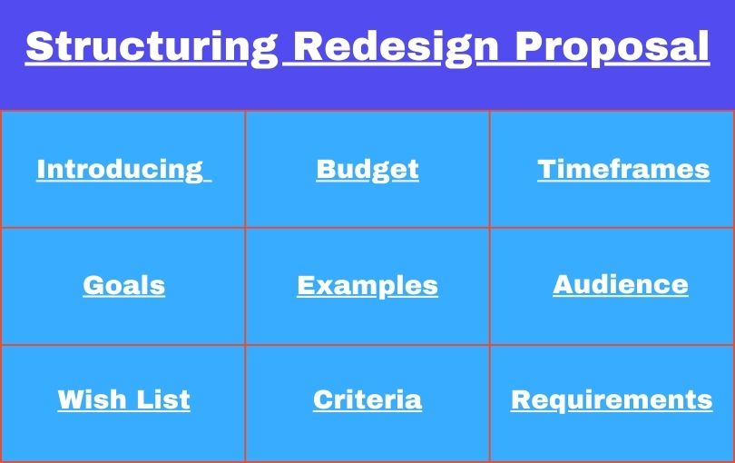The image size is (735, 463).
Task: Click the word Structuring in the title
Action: pyautogui.click(x=149, y=45)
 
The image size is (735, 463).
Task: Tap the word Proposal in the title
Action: pyautogui.click(x=612, y=45)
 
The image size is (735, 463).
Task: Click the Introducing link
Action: pyautogui.click(x=120, y=169)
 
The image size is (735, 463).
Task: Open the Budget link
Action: pyautogui.click(x=367, y=169)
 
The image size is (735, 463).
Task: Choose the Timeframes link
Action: pyautogui.click(x=623, y=169)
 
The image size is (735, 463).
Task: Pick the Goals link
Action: pyautogui.click(x=123, y=285)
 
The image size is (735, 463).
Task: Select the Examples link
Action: pyautogui.click(x=367, y=285)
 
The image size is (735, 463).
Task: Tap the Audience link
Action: pyautogui.click(x=621, y=284)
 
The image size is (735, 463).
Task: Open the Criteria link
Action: pyautogui.click(x=367, y=399)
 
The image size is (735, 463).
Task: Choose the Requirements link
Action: pyautogui.click(x=612, y=399)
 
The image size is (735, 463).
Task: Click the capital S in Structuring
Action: pyautogui.click(x=38, y=45)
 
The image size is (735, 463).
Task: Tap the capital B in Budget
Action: pyautogui.click(x=325, y=169)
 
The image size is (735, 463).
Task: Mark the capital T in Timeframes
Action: pyautogui.click(x=545, y=169)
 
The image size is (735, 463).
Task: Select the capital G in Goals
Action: pyautogui.click(x=92, y=285)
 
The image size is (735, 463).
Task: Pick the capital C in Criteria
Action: pyautogui.click(x=322, y=399)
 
